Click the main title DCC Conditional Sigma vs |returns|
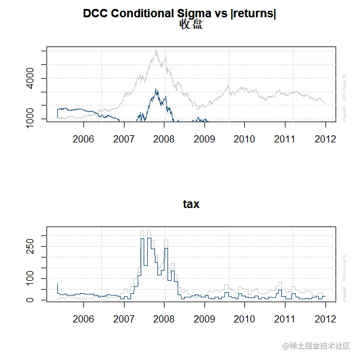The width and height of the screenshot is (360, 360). pos(179,13)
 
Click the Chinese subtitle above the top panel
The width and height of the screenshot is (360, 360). pos(191,24)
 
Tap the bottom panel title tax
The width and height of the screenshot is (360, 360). pos(191,204)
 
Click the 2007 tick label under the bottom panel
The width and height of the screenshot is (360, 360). pos(123,318)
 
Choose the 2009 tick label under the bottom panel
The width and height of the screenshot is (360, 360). pos(204,318)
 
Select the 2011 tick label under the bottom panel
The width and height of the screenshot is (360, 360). pos(285,318)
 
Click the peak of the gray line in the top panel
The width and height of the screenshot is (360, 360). pos(156,51)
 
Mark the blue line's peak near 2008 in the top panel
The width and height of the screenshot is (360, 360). pos(156,89)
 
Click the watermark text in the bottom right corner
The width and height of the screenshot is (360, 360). pos(316,346)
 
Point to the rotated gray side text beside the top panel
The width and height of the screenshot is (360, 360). pos(345,100)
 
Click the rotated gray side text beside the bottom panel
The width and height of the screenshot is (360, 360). pos(345,278)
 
